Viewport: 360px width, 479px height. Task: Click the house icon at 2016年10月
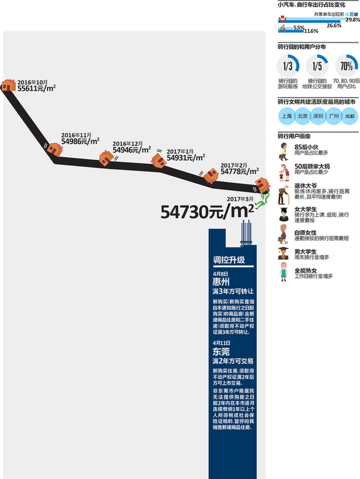click(x=8, y=86)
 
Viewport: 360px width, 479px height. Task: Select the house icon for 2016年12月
click(x=106, y=157)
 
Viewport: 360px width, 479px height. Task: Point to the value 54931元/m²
click(x=186, y=158)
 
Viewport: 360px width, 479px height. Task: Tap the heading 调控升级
click(x=229, y=260)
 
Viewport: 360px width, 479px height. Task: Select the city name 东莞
click(x=221, y=352)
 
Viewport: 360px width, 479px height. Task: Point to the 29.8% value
click(x=352, y=20)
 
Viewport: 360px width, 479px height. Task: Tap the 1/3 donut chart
click(x=287, y=66)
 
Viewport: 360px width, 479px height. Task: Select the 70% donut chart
click(x=346, y=66)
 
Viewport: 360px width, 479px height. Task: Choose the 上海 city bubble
click(x=287, y=116)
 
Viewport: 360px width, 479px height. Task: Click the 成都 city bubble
click(x=349, y=116)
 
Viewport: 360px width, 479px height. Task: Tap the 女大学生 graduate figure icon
click(x=284, y=214)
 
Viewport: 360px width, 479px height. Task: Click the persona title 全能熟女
click(x=306, y=270)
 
